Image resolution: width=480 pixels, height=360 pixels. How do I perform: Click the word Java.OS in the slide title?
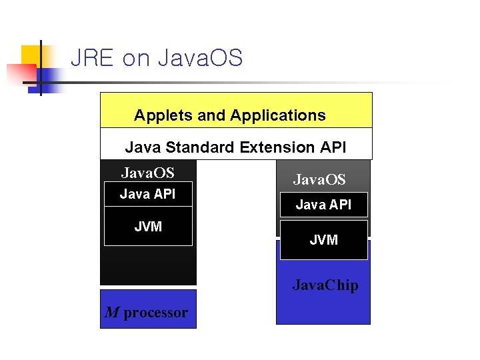(200, 58)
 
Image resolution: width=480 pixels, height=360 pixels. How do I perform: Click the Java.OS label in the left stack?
(147, 173)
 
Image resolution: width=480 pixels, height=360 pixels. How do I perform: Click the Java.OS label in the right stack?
(319, 179)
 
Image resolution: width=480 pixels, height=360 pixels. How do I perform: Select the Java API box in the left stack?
(147, 194)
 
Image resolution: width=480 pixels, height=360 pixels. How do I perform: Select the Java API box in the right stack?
(323, 205)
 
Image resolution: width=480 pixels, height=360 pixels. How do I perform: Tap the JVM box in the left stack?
(148, 226)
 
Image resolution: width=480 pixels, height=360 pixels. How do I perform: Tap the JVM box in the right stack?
(323, 240)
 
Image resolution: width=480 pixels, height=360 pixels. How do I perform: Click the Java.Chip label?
(325, 285)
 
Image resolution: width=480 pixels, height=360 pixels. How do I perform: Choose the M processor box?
(148, 309)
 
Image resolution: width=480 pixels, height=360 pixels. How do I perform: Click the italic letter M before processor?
(111, 312)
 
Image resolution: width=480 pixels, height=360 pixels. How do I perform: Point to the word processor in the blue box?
(155, 313)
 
